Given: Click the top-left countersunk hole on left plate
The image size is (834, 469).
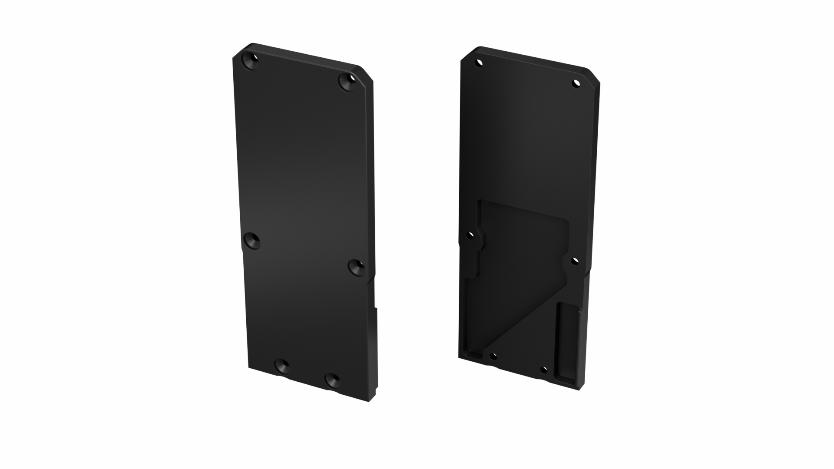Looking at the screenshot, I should tap(251, 62).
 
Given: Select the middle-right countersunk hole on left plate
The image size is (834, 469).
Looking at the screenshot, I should tap(357, 268).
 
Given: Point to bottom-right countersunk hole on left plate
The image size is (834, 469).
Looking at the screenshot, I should tap(334, 380).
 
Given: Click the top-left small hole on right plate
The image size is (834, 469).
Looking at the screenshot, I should tap(479, 63).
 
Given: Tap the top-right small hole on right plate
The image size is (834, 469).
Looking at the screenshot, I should tap(576, 83).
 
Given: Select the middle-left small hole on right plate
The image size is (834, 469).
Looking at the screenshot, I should tap(470, 236).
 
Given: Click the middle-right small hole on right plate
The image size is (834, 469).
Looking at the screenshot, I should tap(575, 261).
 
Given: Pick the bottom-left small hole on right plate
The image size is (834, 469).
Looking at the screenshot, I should tap(493, 357).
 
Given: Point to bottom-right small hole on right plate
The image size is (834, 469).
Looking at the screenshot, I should tap(543, 370).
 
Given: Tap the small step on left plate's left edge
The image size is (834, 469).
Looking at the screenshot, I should tap(242, 251).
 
